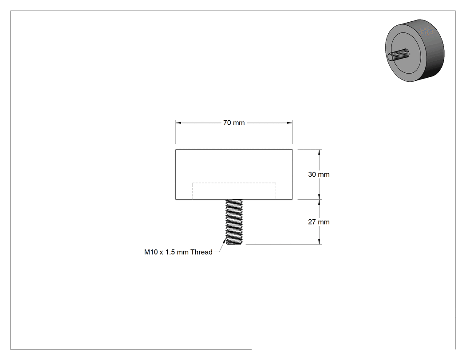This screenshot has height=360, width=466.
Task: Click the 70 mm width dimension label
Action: [x=234, y=123]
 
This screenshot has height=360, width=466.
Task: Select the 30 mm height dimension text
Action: [x=319, y=174]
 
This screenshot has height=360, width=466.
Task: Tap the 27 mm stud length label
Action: [x=319, y=222]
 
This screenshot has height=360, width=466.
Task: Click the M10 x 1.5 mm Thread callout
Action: [x=178, y=252]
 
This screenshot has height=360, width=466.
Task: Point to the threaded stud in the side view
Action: [x=234, y=222]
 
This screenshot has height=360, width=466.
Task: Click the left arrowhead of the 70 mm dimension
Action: [x=178, y=123]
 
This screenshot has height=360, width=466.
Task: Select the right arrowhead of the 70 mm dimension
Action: [x=289, y=123]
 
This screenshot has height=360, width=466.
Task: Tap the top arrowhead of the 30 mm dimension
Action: [x=320, y=152]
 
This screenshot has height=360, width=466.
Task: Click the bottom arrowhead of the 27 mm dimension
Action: [x=320, y=241]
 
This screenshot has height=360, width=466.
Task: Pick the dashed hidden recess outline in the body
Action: [x=234, y=183]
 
